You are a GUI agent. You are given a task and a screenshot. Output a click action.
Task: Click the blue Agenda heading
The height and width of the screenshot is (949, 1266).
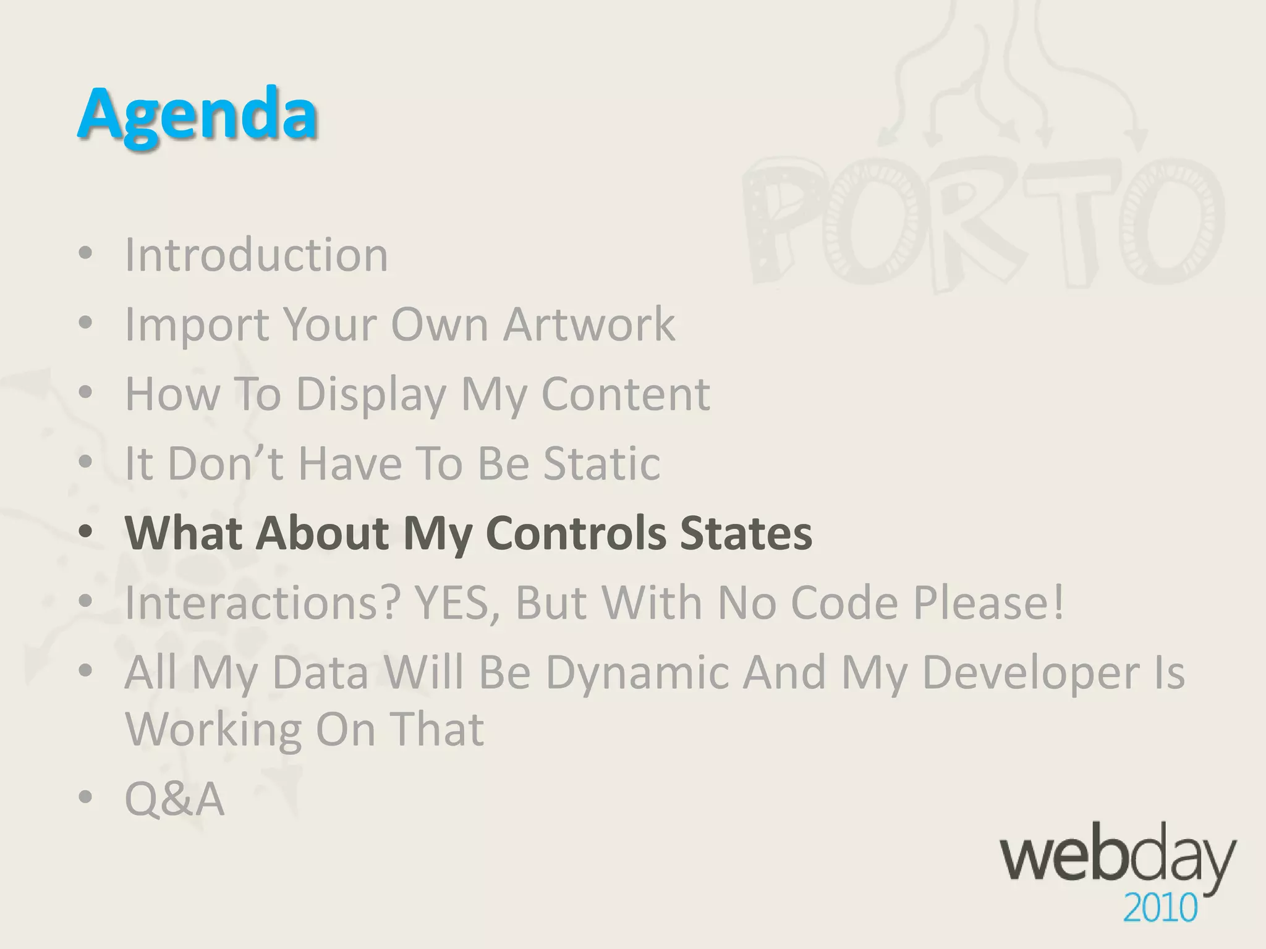click(x=197, y=114)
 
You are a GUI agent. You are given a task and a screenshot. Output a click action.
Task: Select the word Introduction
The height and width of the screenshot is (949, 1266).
click(x=257, y=255)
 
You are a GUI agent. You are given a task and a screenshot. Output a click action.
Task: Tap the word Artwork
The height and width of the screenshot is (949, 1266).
click(x=588, y=324)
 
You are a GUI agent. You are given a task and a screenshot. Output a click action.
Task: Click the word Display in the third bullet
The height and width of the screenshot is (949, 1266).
click(x=371, y=394)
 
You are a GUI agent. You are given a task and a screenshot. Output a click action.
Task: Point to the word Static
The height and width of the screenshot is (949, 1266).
click(x=601, y=463)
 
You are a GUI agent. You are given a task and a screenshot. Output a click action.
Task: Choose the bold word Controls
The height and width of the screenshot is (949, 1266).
click(x=576, y=533)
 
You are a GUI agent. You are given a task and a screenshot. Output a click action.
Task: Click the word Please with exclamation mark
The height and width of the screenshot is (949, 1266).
click(x=989, y=602)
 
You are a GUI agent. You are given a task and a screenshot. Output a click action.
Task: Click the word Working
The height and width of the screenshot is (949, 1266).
click(x=213, y=729)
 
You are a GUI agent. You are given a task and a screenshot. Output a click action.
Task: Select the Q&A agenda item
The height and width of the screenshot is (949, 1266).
click(x=174, y=799)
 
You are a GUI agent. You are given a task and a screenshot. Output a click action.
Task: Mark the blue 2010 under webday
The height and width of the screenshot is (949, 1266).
click(x=1160, y=909)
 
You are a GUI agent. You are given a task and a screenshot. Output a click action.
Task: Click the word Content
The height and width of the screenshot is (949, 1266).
click(x=626, y=394)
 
